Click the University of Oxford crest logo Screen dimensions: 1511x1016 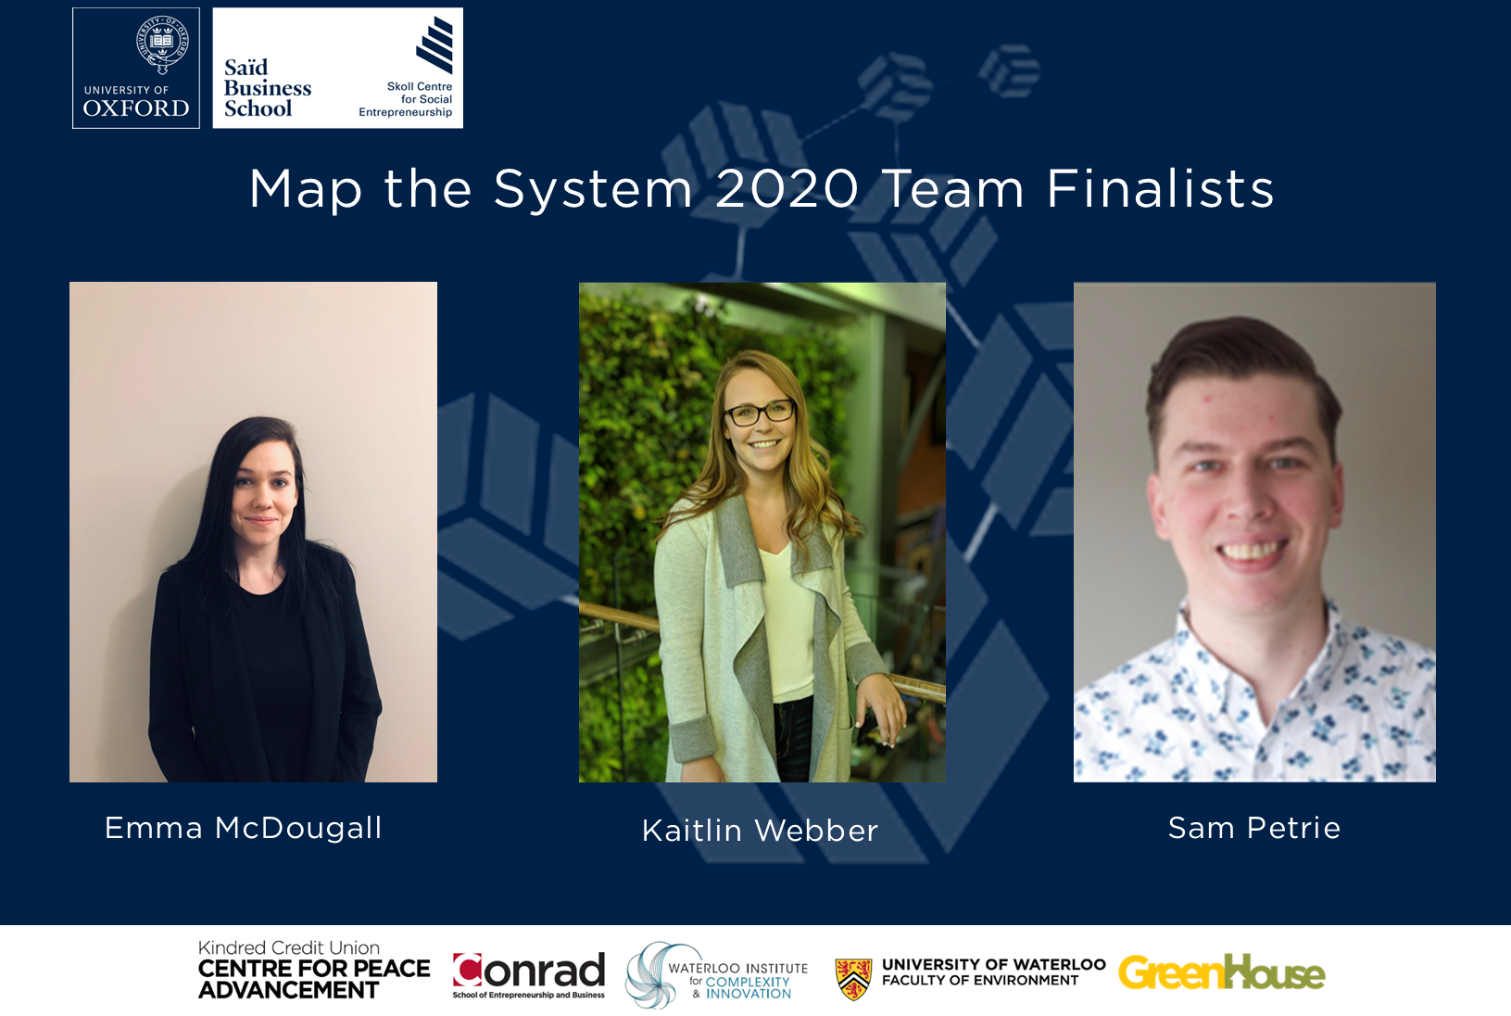click(162, 44)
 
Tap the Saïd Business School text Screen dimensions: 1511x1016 click(267, 88)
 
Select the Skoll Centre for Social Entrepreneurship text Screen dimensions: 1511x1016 click(406, 99)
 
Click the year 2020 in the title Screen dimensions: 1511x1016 click(787, 189)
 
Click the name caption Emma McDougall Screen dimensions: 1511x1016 click(243, 828)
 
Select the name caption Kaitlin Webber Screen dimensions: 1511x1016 click(760, 831)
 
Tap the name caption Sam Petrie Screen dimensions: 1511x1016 click(1254, 829)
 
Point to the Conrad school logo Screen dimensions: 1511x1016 click(529, 975)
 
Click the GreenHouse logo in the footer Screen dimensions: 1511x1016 click(1222, 972)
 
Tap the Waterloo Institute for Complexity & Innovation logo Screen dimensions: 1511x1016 click(716, 975)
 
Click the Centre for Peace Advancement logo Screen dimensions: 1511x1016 click(314, 970)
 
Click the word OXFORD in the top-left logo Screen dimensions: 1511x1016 click(135, 108)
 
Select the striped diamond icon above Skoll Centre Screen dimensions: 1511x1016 click(434, 44)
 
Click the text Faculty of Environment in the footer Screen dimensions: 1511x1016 click(980, 981)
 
